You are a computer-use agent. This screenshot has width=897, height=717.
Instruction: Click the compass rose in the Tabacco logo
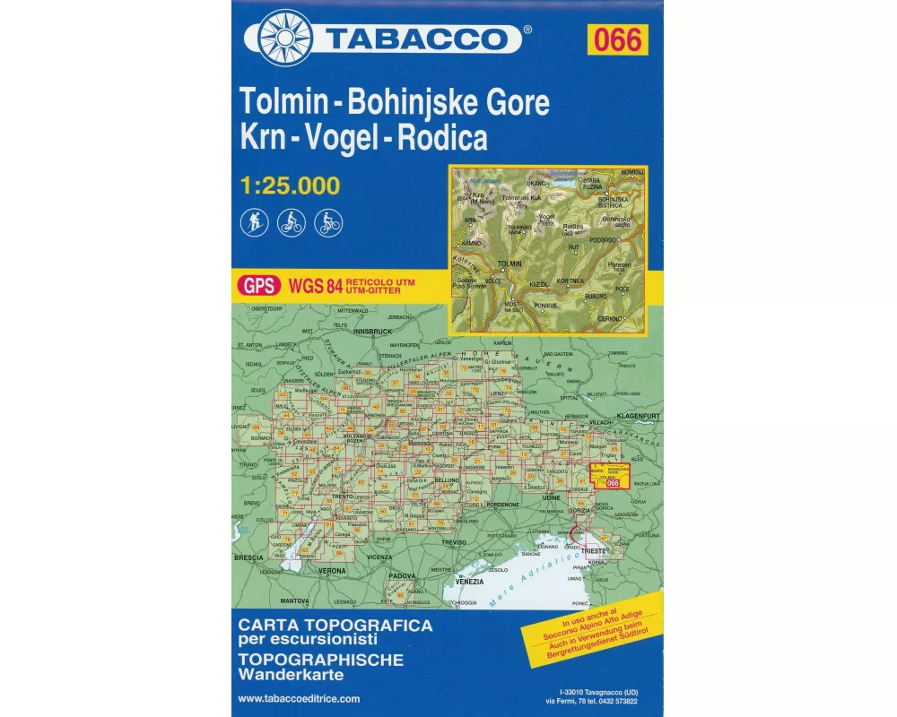click(x=284, y=38)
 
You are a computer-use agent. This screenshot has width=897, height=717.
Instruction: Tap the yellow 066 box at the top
click(x=617, y=39)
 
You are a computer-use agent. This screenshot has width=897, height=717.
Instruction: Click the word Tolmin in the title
click(x=278, y=103)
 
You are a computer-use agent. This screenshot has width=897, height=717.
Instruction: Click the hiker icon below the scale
click(x=254, y=222)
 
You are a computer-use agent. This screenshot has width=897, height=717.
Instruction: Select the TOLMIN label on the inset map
click(x=509, y=263)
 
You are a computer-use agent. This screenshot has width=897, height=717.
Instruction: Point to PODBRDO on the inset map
click(x=605, y=240)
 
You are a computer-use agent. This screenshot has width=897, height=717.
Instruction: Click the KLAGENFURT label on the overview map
click(x=639, y=415)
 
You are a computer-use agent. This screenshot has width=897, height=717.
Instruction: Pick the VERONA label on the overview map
click(x=332, y=571)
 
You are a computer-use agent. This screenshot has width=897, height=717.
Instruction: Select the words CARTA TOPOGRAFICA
click(x=335, y=624)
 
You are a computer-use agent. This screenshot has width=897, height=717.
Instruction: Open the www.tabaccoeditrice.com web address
click(x=300, y=698)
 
